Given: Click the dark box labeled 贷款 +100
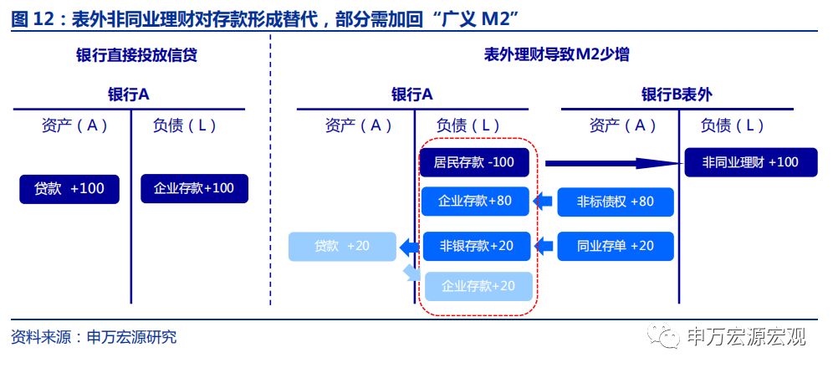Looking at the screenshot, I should tap(69, 189).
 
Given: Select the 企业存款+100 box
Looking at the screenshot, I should tap(194, 189).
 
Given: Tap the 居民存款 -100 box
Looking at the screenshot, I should tap(474, 162).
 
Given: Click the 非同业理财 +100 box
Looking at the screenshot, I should tap(750, 162).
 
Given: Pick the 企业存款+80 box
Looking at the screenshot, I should tap(474, 202).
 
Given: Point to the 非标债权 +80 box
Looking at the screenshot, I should tap(615, 202).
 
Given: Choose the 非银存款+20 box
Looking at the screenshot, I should tap(474, 246).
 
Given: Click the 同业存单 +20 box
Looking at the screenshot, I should tap(615, 246).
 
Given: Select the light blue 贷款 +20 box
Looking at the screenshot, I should tap(341, 247).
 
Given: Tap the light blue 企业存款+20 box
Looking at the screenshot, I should tap(478, 286).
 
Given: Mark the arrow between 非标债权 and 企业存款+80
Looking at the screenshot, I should tap(544, 202).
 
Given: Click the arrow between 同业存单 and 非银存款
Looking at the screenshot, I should tap(544, 246).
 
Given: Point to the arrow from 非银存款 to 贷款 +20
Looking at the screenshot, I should tap(409, 247).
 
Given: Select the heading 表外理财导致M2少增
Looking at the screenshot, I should tap(556, 55).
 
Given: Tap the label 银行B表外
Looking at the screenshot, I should tap(677, 95).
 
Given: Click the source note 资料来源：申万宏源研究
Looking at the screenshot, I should tap(94, 338).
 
